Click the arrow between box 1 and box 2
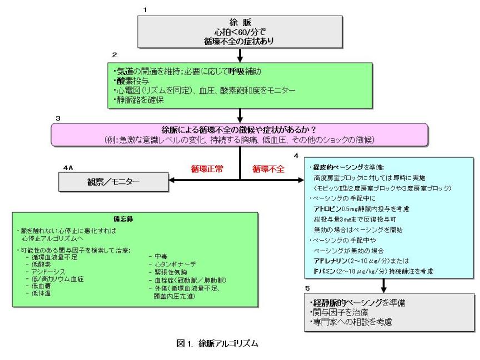click(239, 54)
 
